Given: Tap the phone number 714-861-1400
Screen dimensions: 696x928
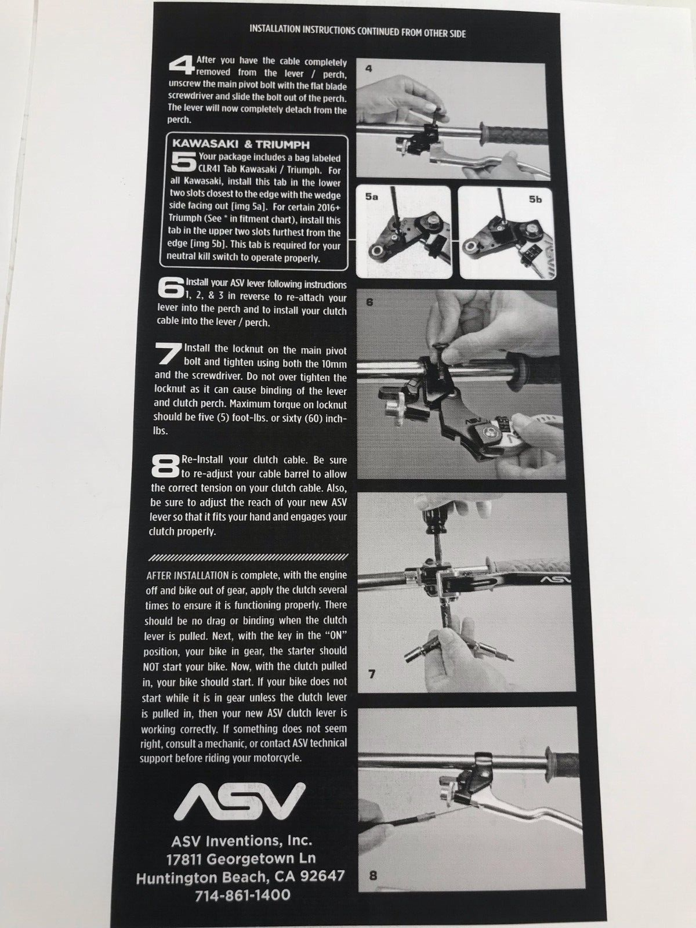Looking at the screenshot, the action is (242, 895).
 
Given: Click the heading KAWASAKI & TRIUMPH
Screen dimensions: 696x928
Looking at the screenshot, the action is (241, 144).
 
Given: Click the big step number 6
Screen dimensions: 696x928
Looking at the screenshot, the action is (171, 289).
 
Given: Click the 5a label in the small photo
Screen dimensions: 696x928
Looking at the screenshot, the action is (371, 197).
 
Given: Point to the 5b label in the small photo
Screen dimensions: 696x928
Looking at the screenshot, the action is (535, 199).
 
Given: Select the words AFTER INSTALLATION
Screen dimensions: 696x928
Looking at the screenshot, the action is (187, 575).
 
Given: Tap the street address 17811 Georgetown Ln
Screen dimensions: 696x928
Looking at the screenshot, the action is (241, 858).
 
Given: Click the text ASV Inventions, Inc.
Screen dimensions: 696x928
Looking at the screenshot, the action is (242, 840).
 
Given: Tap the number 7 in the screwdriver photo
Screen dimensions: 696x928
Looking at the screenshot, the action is (372, 674).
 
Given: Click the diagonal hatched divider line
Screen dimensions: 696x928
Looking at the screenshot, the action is (249, 557).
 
